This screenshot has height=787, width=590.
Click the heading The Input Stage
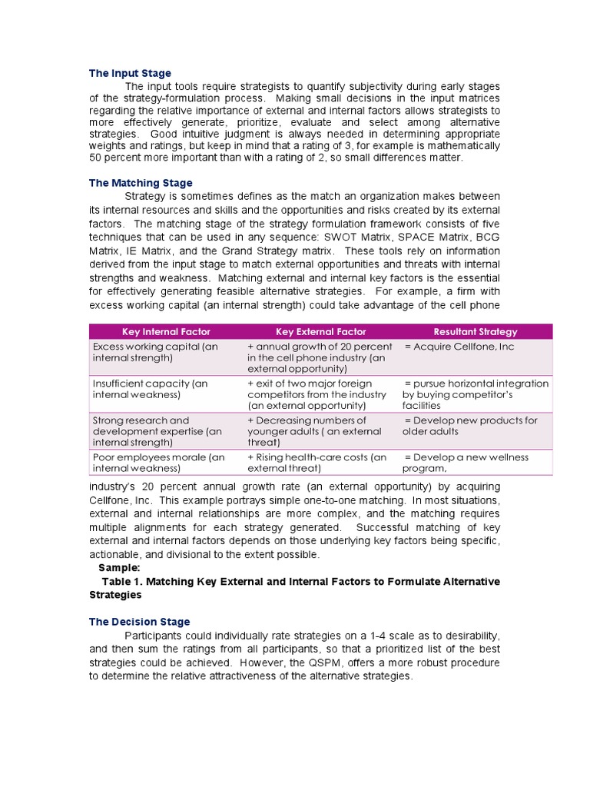(130, 73)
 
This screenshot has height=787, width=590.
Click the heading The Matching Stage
(141, 183)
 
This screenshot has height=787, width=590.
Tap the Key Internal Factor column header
(166, 332)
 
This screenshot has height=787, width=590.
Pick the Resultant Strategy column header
(475, 332)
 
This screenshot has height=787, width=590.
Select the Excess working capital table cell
(155, 352)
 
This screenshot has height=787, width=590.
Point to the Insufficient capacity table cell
(150, 389)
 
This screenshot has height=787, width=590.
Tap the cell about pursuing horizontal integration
(476, 393)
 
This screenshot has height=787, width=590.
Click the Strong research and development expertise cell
(157, 431)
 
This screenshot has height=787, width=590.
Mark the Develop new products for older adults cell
(471, 426)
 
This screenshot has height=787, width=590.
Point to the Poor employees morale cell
(158, 463)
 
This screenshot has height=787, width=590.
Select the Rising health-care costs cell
(317, 463)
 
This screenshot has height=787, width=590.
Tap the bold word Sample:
(119, 568)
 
